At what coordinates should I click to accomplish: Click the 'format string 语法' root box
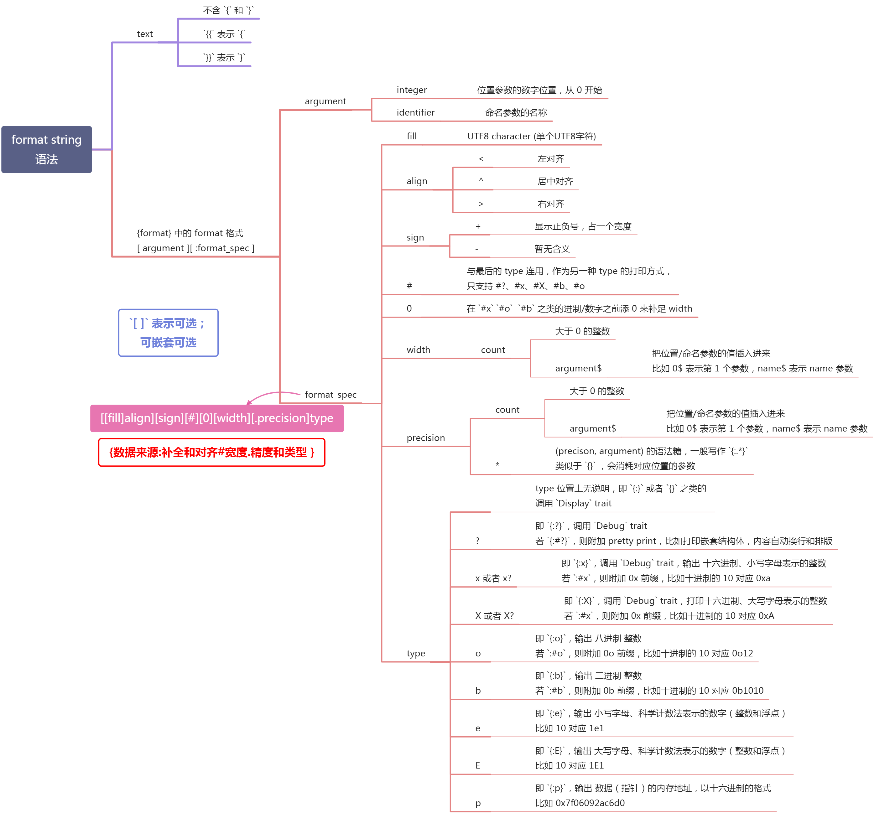click(47, 149)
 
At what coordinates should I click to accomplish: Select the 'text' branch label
click(145, 34)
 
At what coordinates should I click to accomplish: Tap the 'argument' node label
click(325, 101)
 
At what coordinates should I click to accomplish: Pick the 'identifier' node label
click(415, 112)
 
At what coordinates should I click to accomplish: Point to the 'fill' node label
click(412, 136)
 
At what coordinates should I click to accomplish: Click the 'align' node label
click(417, 181)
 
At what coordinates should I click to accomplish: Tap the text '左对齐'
click(551, 159)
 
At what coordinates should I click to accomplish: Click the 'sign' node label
click(415, 237)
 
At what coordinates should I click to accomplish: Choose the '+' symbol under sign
click(478, 226)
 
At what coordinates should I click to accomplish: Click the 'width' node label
click(418, 350)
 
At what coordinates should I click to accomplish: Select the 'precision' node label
click(426, 438)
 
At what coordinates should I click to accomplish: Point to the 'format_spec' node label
click(330, 395)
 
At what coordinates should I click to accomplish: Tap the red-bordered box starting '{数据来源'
click(211, 452)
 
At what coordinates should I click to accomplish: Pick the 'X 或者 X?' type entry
click(494, 616)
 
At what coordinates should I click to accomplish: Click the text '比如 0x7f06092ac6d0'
click(580, 803)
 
